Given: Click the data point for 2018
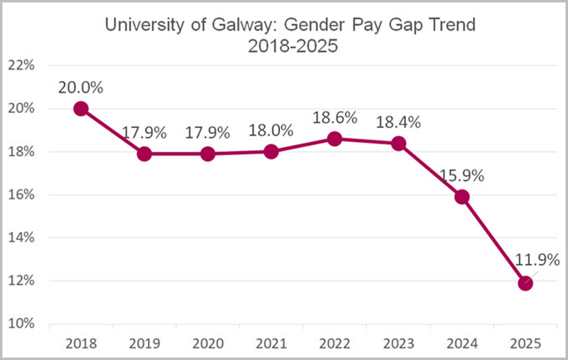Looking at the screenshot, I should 81,109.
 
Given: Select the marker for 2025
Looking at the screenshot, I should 525,283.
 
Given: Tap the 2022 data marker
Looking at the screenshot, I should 335,139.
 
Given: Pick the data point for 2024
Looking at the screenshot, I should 462,197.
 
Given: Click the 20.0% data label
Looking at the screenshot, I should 81,86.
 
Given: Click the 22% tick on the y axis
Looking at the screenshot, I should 21,65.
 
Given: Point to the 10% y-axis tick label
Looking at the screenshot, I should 21,323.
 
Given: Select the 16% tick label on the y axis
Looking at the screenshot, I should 21,195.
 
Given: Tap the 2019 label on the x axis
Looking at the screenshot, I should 145,342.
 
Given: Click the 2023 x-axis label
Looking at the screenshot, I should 398,342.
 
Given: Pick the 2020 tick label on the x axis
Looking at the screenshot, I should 208,342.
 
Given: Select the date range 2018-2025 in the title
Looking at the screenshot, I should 292,47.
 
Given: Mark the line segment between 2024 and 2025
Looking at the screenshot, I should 494,241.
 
